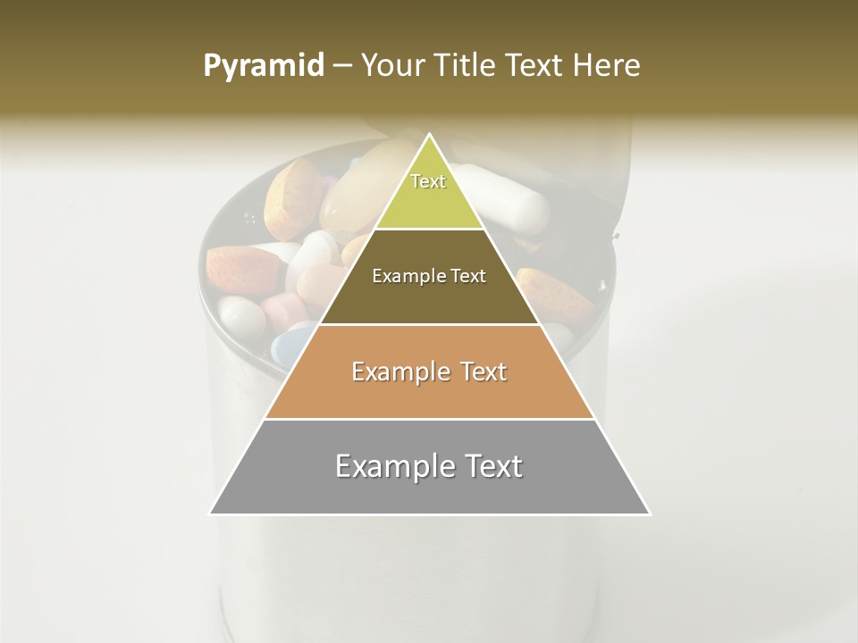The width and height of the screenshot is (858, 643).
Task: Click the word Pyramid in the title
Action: click(x=264, y=65)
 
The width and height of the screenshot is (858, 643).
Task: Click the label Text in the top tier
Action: click(x=428, y=181)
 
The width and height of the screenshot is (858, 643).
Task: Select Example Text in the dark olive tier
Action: click(x=429, y=276)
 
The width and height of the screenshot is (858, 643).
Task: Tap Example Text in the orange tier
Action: click(x=429, y=372)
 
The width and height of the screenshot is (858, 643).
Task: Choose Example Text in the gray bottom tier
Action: click(x=429, y=466)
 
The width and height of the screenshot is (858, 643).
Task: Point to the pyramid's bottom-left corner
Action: click(x=210, y=514)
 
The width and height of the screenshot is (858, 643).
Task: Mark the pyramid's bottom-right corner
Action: click(x=650, y=514)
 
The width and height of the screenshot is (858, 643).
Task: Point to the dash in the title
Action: click(x=342, y=66)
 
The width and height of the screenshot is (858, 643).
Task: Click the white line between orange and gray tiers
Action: click(x=429, y=419)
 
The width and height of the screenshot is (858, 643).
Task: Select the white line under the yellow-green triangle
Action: click(x=429, y=230)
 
